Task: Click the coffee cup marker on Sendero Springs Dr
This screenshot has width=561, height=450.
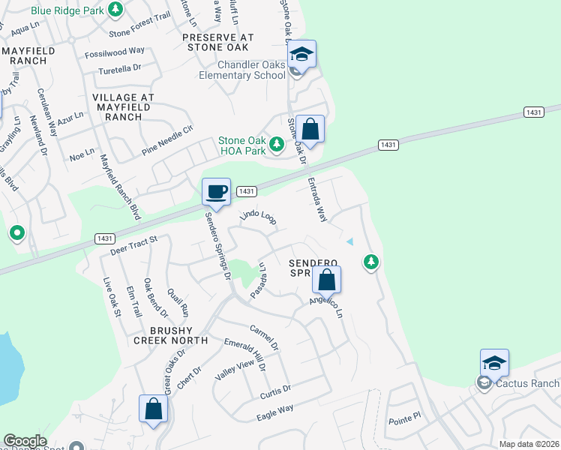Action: click(x=215, y=191)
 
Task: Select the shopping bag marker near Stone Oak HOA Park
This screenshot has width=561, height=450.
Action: click(x=310, y=129)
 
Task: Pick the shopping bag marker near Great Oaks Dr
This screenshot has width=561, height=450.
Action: click(x=153, y=409)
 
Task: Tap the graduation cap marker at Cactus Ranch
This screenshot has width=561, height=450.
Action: click(x=495, y=364)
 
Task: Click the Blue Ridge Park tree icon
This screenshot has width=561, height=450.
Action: click(x=115, y=10)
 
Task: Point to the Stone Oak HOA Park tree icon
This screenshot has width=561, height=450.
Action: click(x=277, y=143)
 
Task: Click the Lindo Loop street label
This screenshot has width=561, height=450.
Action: click(x=258, y=217)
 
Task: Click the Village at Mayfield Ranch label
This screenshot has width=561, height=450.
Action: click(x=123, y=107)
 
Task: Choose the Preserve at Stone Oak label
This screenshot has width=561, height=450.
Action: click(x=218, y=43)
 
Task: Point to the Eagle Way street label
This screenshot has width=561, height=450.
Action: click(x=274, y=412)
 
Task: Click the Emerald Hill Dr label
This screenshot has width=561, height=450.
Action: click(x=245, y=354)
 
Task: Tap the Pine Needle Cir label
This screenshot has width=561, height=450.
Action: click(x=168, y=140)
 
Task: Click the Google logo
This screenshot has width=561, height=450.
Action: click(x=25, y=441)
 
